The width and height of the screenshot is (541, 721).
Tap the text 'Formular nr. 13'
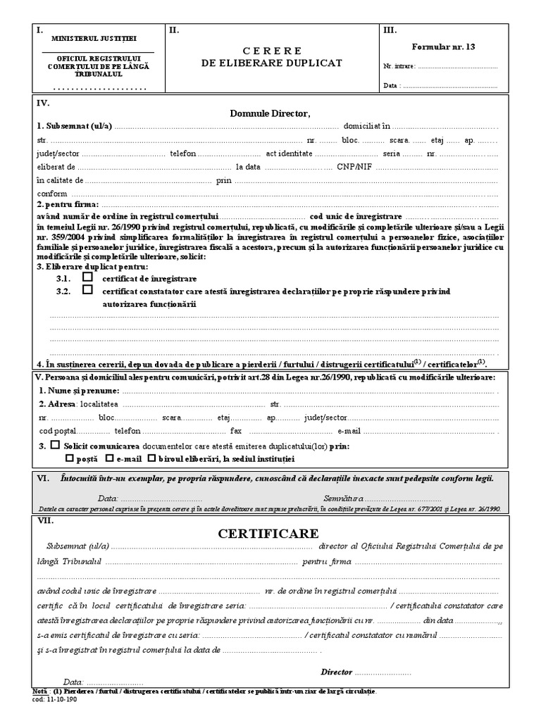pos(449,46)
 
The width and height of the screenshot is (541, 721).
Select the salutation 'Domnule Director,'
pos(270,113)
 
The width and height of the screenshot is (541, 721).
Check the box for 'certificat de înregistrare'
pos(88,277)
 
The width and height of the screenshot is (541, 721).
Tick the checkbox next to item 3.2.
pos(88,291)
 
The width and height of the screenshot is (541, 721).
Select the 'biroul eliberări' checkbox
pos(151,458)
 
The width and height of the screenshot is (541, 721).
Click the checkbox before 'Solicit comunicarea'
pos(54,446)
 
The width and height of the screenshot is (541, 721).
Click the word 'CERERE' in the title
pos(272,51)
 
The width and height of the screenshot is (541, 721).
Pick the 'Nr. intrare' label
pos(399,67)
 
